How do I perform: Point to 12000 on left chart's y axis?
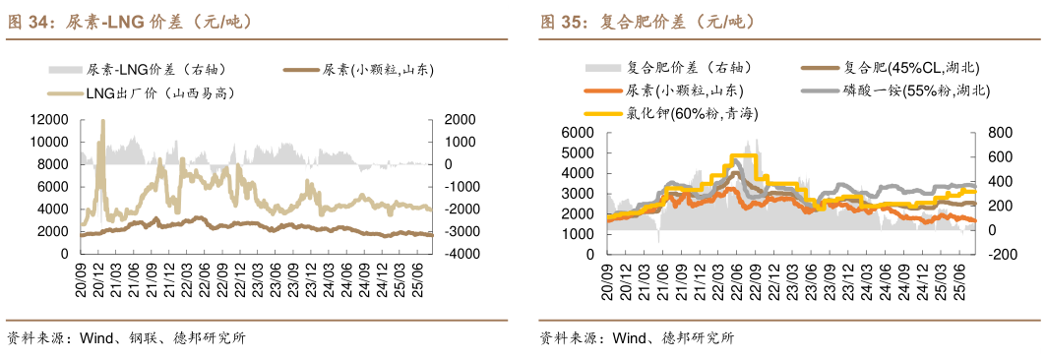coord(48,119)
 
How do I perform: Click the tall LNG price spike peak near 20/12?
coord(103,121)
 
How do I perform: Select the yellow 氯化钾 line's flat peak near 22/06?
coord(744,155)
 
